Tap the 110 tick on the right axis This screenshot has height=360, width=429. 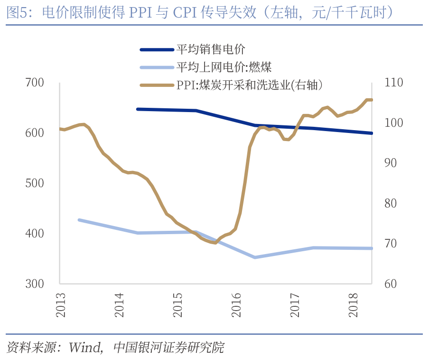tap(393, 83)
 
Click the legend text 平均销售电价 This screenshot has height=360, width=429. tap(211, 49)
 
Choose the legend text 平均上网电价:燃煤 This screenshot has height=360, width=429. tap(224, 67)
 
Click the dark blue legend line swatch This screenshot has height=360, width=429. tap(157, 49)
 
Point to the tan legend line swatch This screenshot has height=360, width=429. tap(157, 85)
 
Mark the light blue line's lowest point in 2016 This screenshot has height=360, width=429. tap(255, 257)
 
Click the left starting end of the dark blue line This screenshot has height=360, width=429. tap(138, 109)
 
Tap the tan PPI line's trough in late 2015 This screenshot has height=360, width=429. tap(214, 243)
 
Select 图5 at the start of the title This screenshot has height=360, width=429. tap(16, 12)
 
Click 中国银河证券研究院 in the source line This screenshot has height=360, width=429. tap(168, 347)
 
